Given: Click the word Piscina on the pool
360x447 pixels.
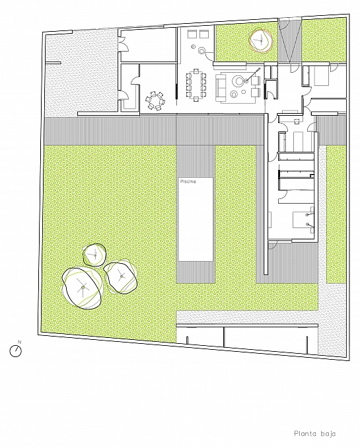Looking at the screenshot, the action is (188, 181).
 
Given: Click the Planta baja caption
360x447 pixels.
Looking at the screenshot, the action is (314, 434).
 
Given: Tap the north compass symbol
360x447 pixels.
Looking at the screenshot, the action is (16, 351).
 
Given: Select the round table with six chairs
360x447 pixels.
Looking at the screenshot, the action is (155, 101).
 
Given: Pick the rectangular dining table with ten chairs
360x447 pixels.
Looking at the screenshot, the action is (196, 85).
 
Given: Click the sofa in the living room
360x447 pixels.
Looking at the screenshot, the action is (220, 87).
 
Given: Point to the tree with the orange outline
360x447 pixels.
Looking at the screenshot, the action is (261, 41).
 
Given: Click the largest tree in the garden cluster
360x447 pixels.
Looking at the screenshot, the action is (83, 288).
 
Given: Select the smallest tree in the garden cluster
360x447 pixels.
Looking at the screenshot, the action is (94, 255).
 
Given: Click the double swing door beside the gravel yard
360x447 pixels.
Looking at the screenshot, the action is (122, 45).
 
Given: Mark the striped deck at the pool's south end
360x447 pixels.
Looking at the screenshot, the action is (196, 272).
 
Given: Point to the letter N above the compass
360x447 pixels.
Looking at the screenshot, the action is (20, 341).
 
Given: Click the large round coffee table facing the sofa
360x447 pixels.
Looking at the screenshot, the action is (238, 81).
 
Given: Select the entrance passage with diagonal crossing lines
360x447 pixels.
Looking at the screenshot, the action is (290, 41).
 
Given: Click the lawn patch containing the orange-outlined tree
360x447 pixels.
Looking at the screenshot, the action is (246, 42).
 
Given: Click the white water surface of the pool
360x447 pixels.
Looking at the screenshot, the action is (196, 220).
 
